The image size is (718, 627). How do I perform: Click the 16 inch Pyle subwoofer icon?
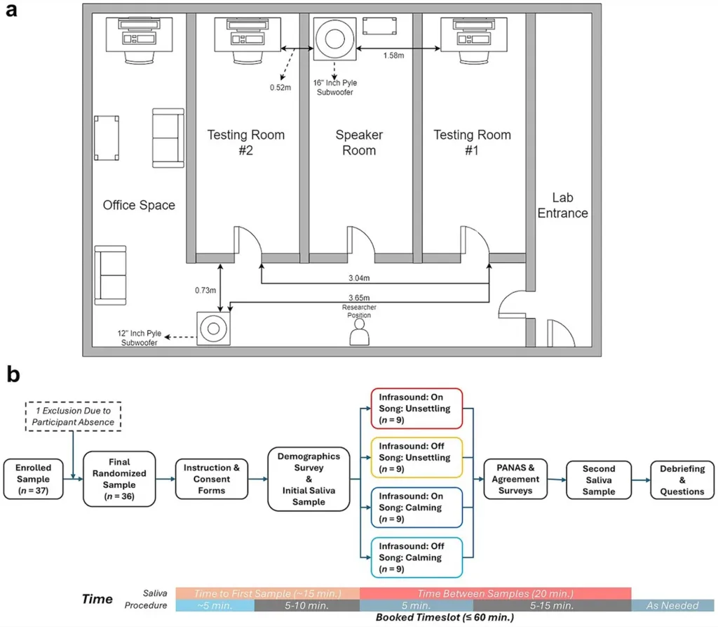click(334, 39)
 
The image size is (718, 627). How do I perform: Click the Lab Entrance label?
click(562, 205)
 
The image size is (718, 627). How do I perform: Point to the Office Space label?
click(139, 205)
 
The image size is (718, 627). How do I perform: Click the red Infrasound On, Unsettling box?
click(416, 408)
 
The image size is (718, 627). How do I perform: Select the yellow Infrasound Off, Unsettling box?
click(416, 458)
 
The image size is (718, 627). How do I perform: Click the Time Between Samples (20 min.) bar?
click(495, 593)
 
